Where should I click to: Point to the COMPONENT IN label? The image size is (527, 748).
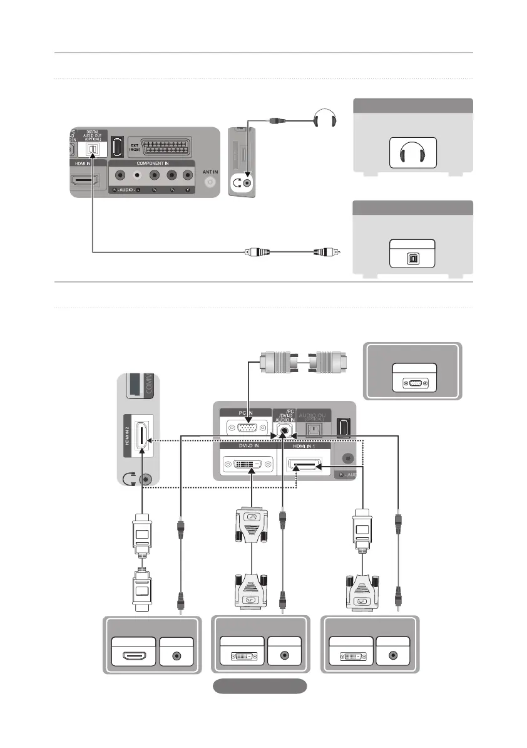click(x=152, y=163)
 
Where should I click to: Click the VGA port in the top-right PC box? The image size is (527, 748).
click(x=414, y=384)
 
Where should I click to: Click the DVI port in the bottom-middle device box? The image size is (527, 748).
click(x=242, y=655)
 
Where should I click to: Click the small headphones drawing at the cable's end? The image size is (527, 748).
click(x=324, y=118)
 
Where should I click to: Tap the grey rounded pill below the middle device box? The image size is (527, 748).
click(x=260, y=685)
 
